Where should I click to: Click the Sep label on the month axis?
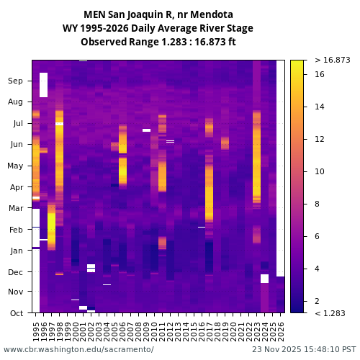coord(16,81)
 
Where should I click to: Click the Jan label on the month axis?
coord(17,251)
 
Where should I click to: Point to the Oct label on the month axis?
coord(17,313)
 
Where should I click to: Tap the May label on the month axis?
coord(15,166)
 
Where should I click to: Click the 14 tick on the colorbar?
coord(320,107)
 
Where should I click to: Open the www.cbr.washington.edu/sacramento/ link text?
coord(78,349)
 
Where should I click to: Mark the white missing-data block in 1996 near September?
coord(44,85)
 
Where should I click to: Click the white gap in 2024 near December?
coord(264,279)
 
